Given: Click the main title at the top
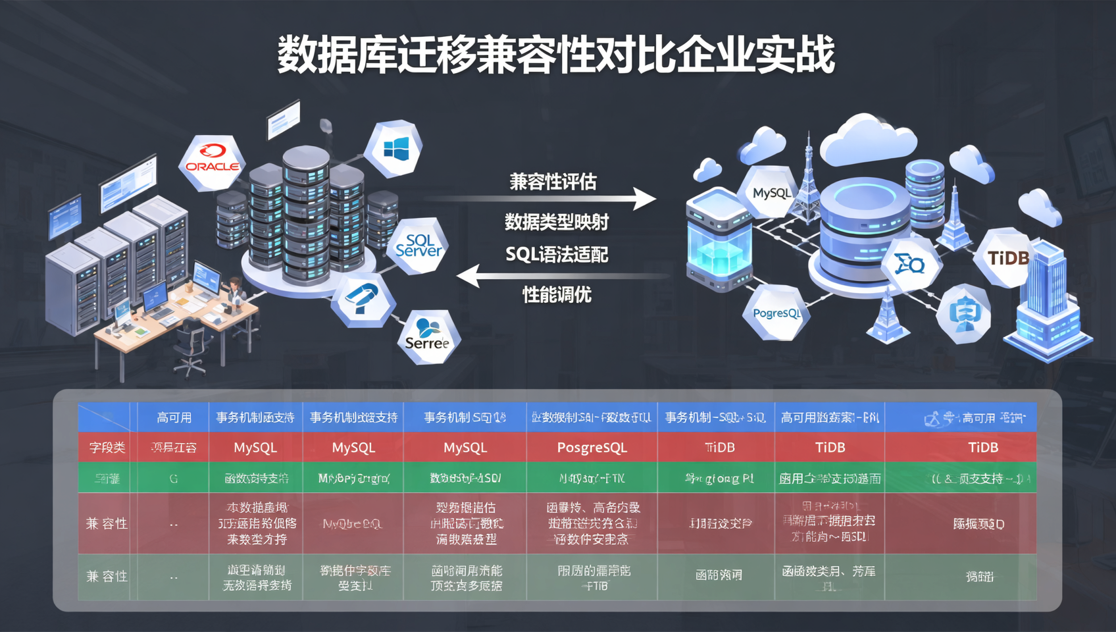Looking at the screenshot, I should tap(557, 55).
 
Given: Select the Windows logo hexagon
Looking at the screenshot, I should tap(395, 149).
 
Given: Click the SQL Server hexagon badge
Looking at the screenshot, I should tap(419, 246).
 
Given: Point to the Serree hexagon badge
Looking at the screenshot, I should tap(428, 337).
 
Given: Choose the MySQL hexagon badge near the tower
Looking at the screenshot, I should tap(771, 192).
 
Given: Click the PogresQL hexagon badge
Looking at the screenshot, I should tap(776, 313).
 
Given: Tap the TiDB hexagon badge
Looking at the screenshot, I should tap(1007, 257).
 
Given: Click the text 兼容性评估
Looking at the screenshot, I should tap(553, 182).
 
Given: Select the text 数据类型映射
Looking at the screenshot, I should tap(557, 222).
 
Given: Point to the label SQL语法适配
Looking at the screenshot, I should tap(557, 254).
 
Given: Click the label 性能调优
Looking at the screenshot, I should tap(557, 294).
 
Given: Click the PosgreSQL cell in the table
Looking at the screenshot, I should tap(592, 448).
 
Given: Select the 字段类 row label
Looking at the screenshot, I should tap(107, 448).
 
